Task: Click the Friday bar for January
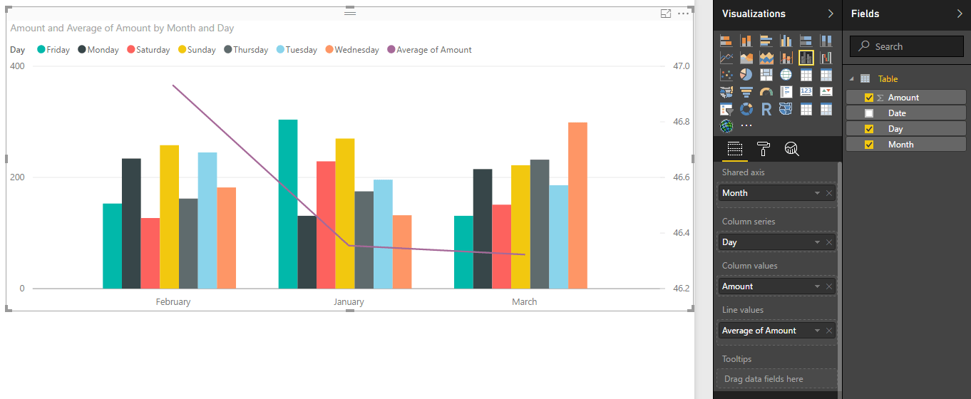pyautogui.click(x=288, y=204)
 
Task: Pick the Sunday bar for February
pyautogui.click(x=169, y=217)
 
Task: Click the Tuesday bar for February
pyautogui.click(x=207, y=220)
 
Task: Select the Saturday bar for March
pyautogui.click(x=501, y=247)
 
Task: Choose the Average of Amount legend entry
pyautogui.click(x=433, y=50)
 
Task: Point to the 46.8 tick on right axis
pyautogui.click(x=682, y=122)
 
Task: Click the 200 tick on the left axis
pyautogui.click(x=16, y=177)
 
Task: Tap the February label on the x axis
pyautogui.click(x=173, y=302)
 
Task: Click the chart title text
pyautogui.click(x=122, y=28)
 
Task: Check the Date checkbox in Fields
pyautogui.click(x=868, y=113)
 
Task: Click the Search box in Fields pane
pyautogui.click(x=906, y=46)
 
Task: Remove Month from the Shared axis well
pyautogui.click(x=829, y=193)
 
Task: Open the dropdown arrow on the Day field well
pyautogui.click(x=817, y=242)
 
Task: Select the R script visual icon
pyautogui.click(x=766, y=109)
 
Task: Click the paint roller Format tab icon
pyautogui.click(x=763, y=148)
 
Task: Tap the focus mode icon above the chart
pyautogui.click(x=666, y=14)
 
